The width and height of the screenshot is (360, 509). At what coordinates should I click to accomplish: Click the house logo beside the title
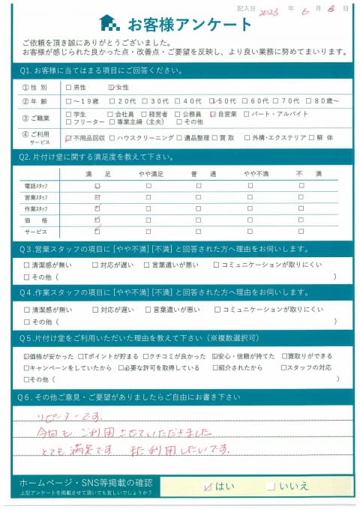pos(109,22)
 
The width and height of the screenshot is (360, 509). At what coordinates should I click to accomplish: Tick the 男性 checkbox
pos(70,88)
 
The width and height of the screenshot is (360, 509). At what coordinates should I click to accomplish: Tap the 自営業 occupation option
pos(214,113)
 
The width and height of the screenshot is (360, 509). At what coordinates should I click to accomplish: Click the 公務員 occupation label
pos(190,113)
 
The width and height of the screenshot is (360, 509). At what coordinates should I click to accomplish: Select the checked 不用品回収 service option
pos(70,138)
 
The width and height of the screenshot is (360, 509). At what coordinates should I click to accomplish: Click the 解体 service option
pos(325,138)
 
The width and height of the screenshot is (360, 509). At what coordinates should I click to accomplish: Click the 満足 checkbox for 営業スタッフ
pos(97,197)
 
